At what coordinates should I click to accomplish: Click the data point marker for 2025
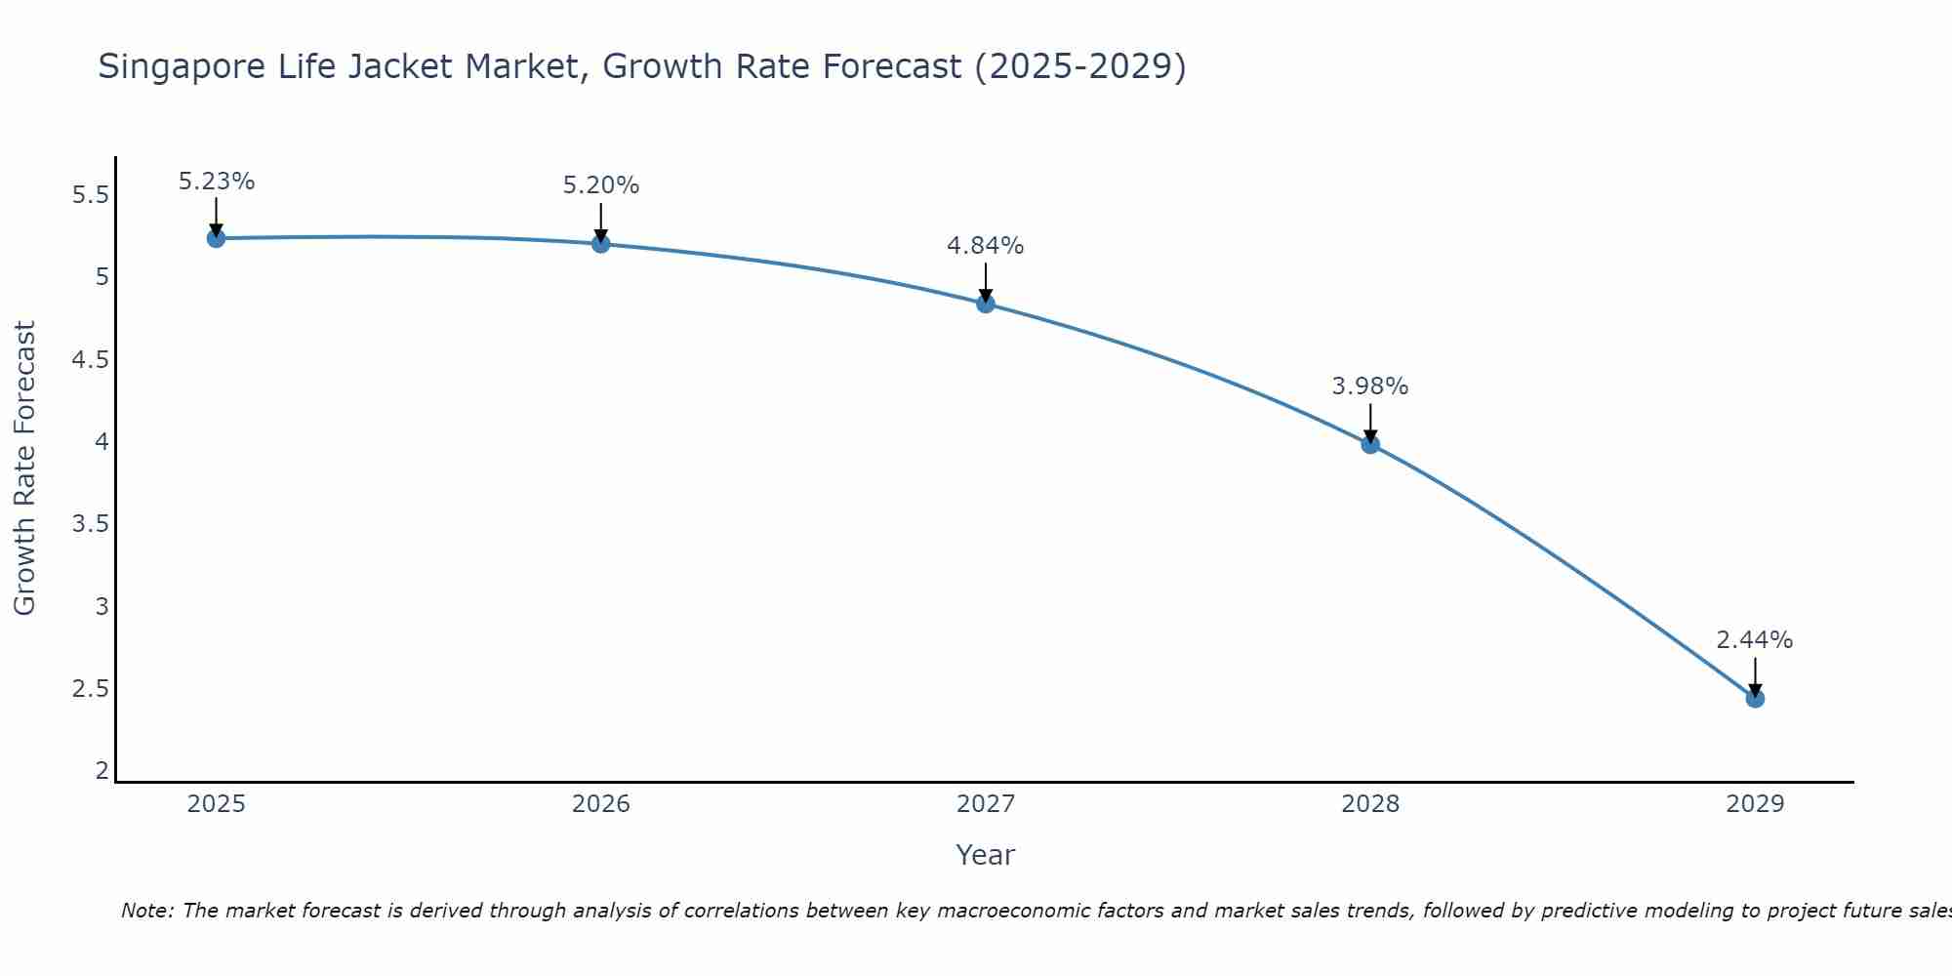click(217, 238)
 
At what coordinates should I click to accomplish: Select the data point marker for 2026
click(601, 243)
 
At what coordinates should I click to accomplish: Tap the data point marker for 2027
click(986, 304)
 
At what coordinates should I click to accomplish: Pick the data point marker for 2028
click(1370, 444)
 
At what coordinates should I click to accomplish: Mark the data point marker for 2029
click(1755, 698)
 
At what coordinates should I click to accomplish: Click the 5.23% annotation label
click(217, 182)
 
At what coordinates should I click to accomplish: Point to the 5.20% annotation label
click(601, 185)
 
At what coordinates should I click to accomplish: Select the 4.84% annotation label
click(986, 246)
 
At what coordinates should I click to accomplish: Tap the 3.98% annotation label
click(1370, 386)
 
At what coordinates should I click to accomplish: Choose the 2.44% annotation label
click(1755, 640)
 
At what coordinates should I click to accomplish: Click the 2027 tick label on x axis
click(986, 804)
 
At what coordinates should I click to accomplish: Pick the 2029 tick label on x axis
click(1755, 804)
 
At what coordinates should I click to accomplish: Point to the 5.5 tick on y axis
click(91, 195)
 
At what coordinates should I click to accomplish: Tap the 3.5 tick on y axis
click(91, 524)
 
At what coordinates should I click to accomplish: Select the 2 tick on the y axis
click(102, 771)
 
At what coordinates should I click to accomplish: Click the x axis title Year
click(986, 855)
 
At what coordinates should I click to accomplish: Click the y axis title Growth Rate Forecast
click(24, 468)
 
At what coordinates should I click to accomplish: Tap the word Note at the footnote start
click(146, 911)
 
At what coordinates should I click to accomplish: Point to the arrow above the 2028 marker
click(1370, 422)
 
